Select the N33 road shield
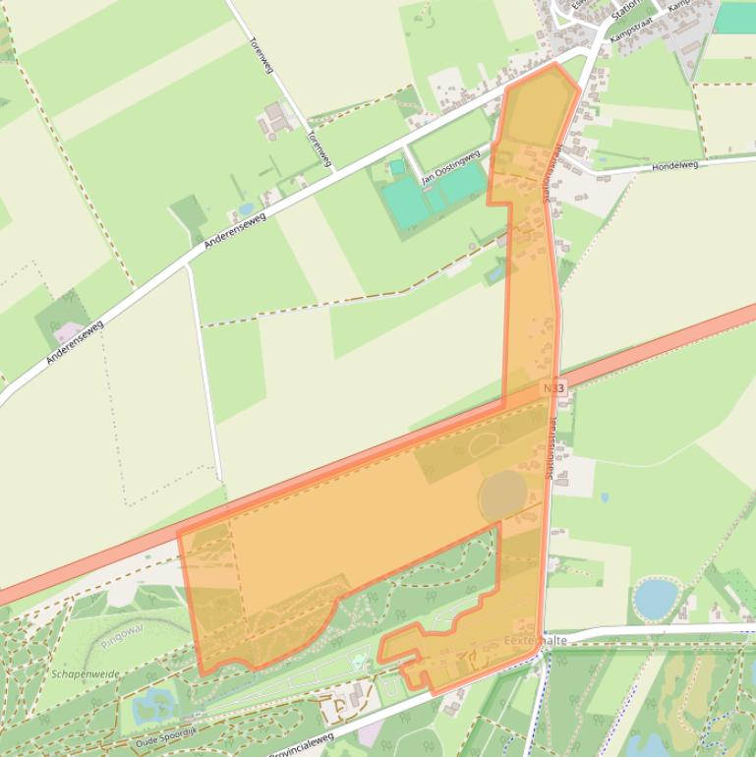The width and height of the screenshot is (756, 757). point(554,388)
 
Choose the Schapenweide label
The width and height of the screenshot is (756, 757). point(87,674)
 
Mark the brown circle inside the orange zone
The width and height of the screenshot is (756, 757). point(503,495)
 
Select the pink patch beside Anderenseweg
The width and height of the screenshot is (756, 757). point(67,331)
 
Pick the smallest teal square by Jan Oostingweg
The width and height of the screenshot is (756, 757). point(396,168)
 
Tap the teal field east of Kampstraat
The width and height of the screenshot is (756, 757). point(735,17)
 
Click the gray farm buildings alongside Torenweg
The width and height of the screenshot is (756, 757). point(276,120)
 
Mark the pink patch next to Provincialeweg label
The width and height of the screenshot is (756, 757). point(370,731)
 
